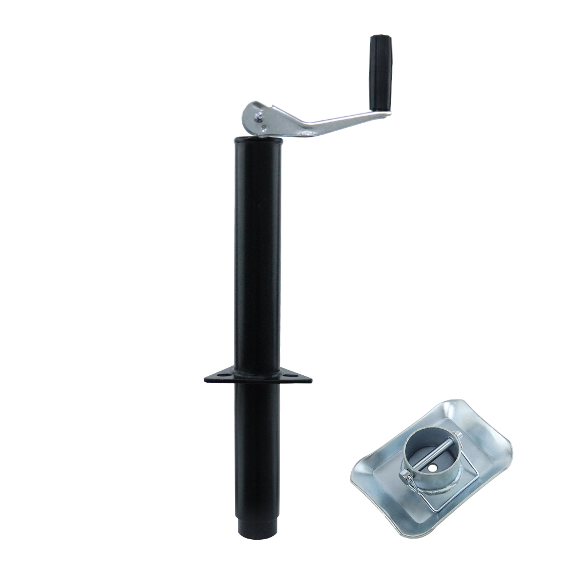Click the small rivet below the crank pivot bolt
(x=263, y=128)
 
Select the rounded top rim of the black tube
(x=257, y=138)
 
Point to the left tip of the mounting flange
(x=206, y=379)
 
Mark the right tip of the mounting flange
(x=311, y=379)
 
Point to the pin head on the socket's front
(x=405, y=474)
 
